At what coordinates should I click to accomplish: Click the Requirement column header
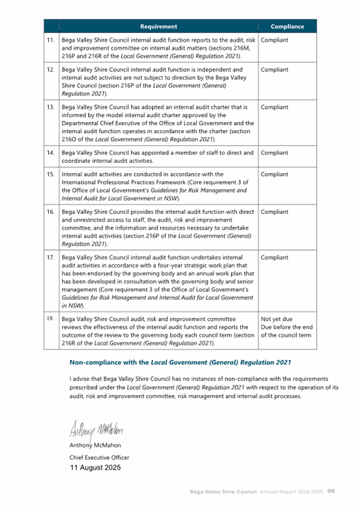158,26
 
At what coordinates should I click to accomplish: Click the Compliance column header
287,26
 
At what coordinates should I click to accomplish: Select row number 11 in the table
51,40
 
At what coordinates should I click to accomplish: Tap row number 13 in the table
51,107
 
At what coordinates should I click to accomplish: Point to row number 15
51,174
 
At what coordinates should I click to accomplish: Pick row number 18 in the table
51,319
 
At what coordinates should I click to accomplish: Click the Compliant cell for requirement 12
275,70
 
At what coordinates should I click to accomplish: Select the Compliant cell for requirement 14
275,153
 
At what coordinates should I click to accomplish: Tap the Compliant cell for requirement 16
275,212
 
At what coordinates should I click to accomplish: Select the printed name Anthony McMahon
96,446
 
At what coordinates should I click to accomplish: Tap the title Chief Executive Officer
99,457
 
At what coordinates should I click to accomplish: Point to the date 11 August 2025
95,468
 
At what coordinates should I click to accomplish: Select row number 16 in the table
51,212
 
